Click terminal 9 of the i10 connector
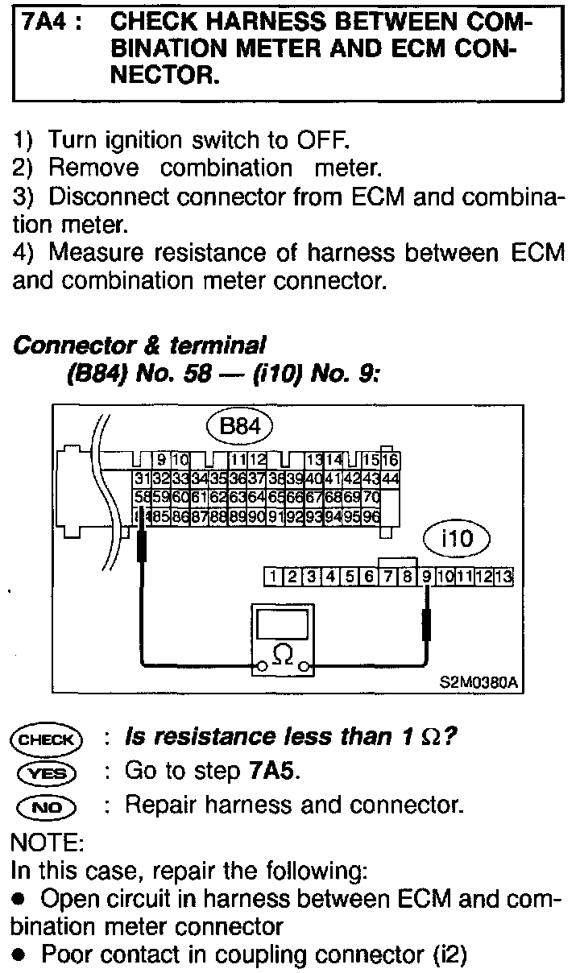point(426,576)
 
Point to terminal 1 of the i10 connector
point(274,576)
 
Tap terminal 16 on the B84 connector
point(391,461)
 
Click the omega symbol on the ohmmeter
point(282,655)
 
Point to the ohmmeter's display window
point(282,625)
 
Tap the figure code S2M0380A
point(478,684)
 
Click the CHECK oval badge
point(46,739)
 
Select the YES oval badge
point(46,772)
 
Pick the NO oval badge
point(46,805)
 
